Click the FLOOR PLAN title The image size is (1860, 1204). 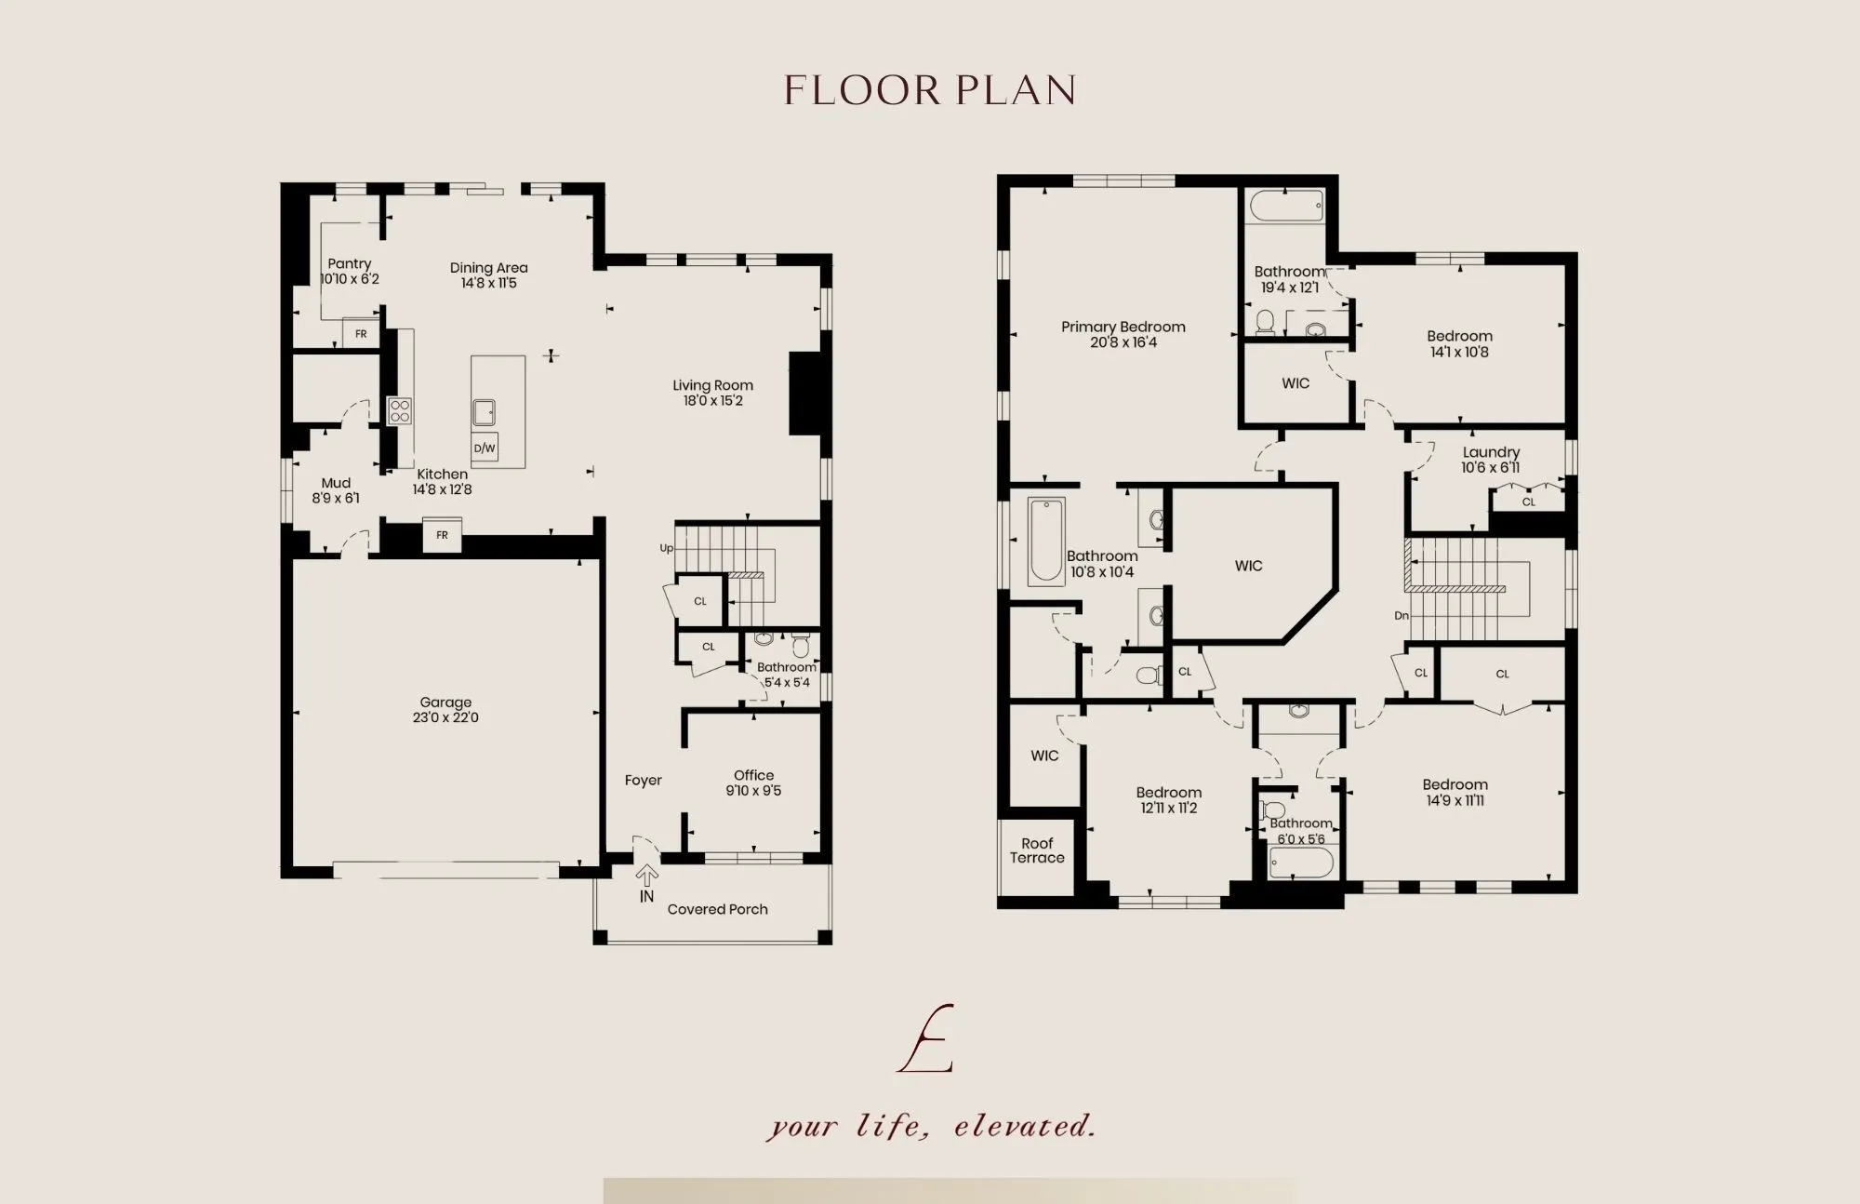(x=930, y=90)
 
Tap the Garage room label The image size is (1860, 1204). (x=445, y=702)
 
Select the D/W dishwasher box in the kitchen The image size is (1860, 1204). (x=485, y=448)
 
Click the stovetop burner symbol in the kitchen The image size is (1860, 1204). (x=400, y=410)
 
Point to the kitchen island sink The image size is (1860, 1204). (x=484, y=412)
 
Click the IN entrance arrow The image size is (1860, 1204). (x=646, y=876)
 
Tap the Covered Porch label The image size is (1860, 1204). (x=717, y=909)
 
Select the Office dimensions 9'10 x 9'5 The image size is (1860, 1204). (x=753, y=791)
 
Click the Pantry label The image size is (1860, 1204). (x=350, y=263)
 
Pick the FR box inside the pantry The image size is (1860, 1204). (x=361, y=333)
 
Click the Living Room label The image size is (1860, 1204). (x=713, y=385)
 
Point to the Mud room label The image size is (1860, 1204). (x=336, y=483)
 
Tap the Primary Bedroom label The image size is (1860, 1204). (x=1123, y=327)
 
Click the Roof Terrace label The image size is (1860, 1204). (x=1037, y=850)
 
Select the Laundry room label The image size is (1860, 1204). (x=1491, y=452)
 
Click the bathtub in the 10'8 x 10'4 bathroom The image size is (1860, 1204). (x=1046, y=542)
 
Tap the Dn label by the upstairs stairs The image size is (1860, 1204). (x=1402, y=616)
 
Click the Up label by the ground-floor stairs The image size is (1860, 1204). (x=666, y=548)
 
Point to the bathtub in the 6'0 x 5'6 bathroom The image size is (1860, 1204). (x=1301, y=862)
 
